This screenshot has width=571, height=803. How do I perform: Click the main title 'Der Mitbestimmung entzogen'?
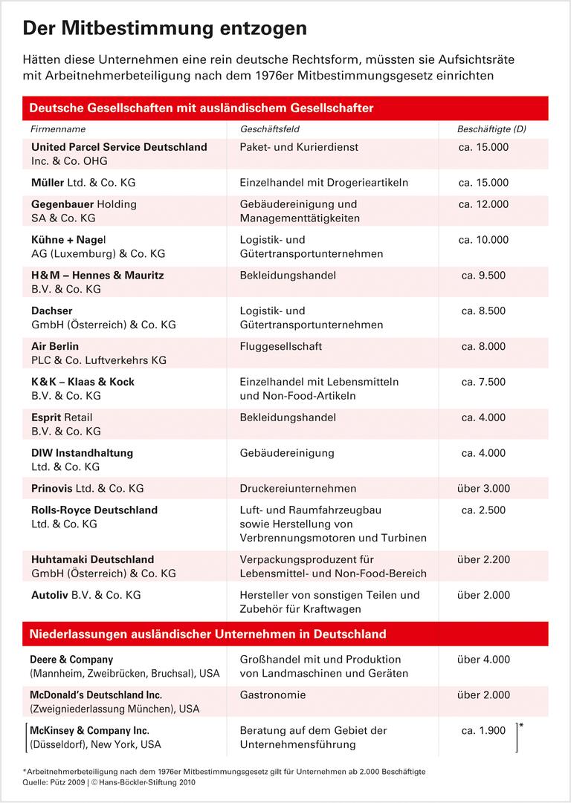click(x=165, y=28)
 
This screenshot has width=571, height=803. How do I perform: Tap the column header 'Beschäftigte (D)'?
click(x=491, y=129)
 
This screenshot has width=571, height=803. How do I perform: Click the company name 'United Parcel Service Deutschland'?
click(x=119, y=147)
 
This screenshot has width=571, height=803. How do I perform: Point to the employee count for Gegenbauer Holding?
click(x=483, y=204)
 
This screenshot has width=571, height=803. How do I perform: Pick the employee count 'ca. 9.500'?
click(x=483, y=275)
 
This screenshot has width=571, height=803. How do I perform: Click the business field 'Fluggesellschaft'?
click(x=281, y=346)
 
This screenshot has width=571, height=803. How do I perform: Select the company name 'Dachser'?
click(x=52, y=311)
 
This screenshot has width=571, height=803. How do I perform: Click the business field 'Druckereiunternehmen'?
click(x=298, y=488)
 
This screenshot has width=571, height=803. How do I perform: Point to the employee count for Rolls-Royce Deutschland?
click(x=483, y=510)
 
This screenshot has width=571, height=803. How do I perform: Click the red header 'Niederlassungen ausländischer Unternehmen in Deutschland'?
click(x=208, y=634)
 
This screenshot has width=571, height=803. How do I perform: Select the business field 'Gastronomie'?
click(x=273, y=695)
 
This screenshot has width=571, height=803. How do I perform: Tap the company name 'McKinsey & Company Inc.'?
click(x=90, y=730)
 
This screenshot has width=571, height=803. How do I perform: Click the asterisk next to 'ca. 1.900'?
click(x=521, y=724)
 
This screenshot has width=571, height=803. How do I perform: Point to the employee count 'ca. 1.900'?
click(x=483, y=730)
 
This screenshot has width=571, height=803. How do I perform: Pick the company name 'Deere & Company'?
click(x=71, y=659)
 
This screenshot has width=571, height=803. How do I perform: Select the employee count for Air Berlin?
click(x=483, y=346)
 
